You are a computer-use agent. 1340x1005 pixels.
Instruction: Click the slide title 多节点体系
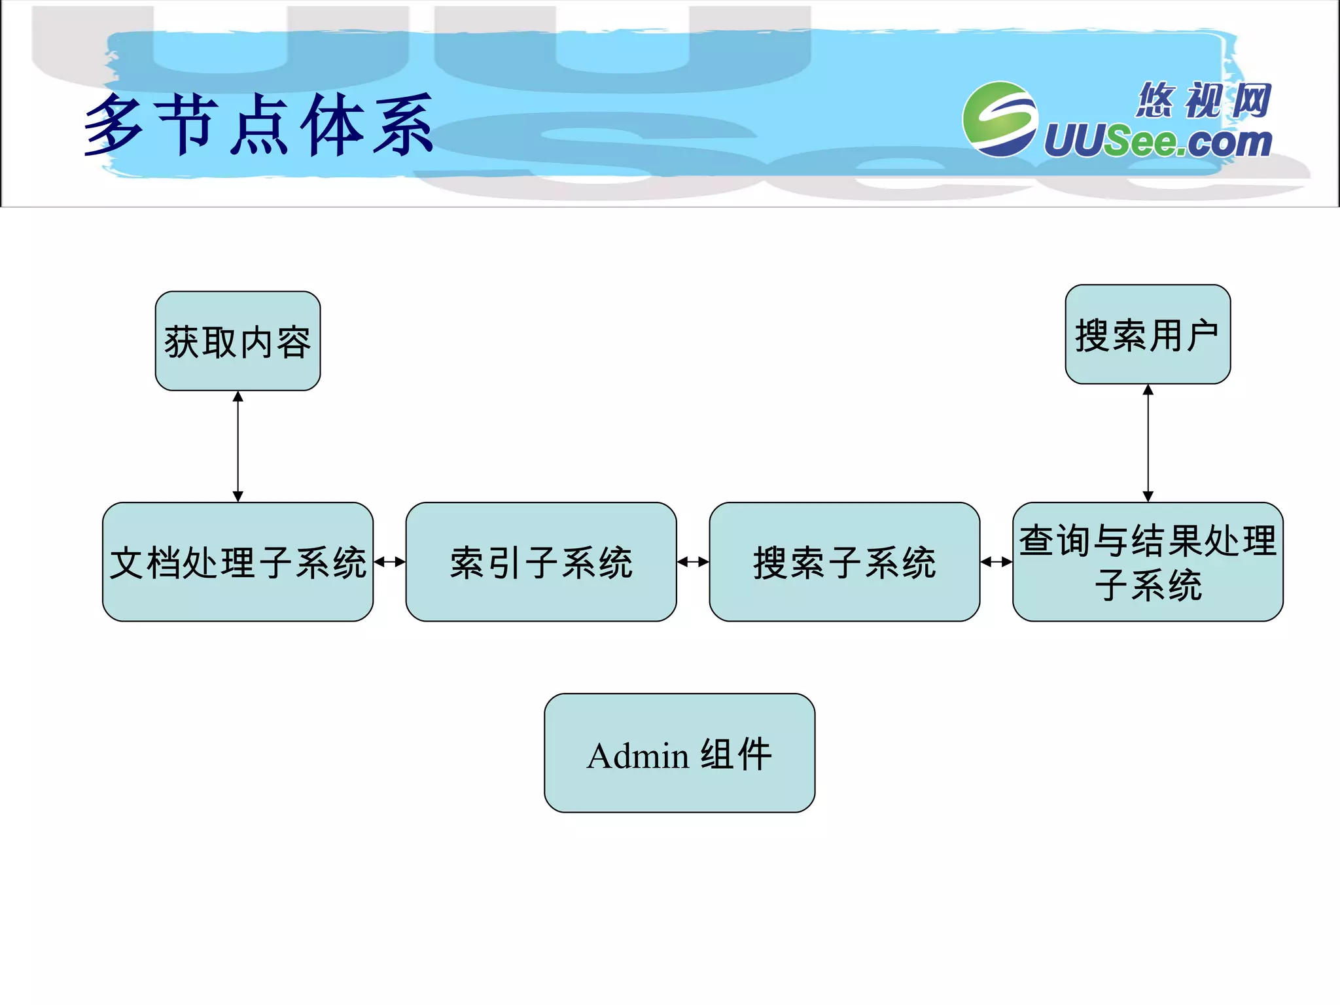pyautogui.click(x=259, y=124)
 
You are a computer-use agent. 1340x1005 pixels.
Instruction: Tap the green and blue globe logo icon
pyautogui.click(x=999, y=119)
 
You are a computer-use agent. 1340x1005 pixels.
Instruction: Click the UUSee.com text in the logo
pyautogui.click(x=1158, y=141)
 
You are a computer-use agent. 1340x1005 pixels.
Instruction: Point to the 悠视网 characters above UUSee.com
pyautogui.click(x=1204, y=100)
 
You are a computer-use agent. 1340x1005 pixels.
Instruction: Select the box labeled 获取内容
pyautogui.click(x=238, y=341)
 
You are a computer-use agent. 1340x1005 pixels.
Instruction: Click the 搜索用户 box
pyautogui.click(x=1148, y=334)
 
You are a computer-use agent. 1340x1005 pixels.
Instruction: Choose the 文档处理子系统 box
pyautogui.click(x=238, y=561)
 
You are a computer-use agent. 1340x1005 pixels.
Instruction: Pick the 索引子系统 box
pyautogui.click(x=541, y=561)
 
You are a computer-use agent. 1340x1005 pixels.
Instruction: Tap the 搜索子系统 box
pyautogui.click(x=844, y=561)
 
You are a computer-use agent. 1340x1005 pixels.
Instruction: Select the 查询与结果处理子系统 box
pyautogui.click(x=1148, y=561)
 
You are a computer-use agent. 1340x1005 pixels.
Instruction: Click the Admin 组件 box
pyautogui.click(x=679, y=752)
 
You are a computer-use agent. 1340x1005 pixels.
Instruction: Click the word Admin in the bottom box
pyautogui.click(x=637, y=756)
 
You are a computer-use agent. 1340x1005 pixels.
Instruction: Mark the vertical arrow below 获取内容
pyautogui.click(x=238, y=446)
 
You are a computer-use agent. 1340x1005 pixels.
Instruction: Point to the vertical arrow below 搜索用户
pyautogui.click(x=1148, y=443)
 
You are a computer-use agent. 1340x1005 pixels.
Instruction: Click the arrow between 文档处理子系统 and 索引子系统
pyautogui.click(x=390, y=561)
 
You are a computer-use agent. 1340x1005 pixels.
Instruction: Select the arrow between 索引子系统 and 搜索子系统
pyautogui.click(x=693, y=561)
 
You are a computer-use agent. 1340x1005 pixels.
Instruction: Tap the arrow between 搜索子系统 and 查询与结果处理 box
pyautogui.click(x=996, y=561)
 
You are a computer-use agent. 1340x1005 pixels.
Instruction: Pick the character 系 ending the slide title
pyautogui.click(x=403, y=124)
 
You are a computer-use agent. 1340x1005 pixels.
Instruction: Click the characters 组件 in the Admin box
pyautogui.click(x=736, y=754)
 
